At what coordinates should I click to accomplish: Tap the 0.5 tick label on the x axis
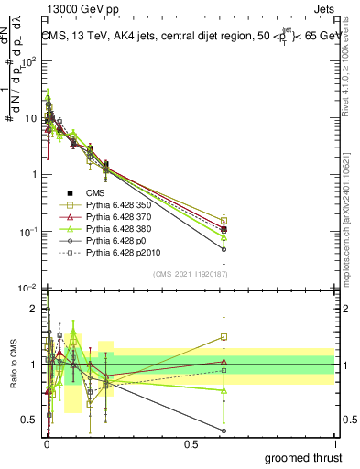coord(191,444)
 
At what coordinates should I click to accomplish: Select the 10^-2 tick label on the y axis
coord(24,289)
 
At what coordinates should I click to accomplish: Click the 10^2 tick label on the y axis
coord(25,62)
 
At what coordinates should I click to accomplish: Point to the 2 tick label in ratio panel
coord(32,310)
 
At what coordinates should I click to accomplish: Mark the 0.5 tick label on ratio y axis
coord(27,420)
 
